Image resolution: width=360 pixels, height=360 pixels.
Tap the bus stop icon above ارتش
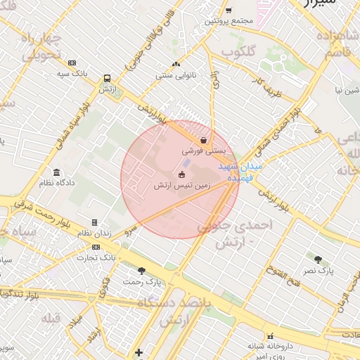(x=107, y=79)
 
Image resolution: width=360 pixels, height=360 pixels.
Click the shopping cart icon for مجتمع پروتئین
(x=229, y=11)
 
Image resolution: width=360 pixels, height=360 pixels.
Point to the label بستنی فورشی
(x=202, y=150)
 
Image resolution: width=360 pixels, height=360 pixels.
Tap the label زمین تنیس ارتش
(x=181, y=186)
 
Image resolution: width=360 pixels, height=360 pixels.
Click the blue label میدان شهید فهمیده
(x=240, y=172)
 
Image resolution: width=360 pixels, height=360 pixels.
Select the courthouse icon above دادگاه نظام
(x=56, y=172)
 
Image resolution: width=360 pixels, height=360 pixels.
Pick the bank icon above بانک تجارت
(x=96, y=247)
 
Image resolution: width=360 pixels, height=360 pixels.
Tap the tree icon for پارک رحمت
(x=141, y=271)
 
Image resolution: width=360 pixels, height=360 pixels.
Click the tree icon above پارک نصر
(x=319, y=259)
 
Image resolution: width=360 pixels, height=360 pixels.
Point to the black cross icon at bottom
(x=139, y=352)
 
